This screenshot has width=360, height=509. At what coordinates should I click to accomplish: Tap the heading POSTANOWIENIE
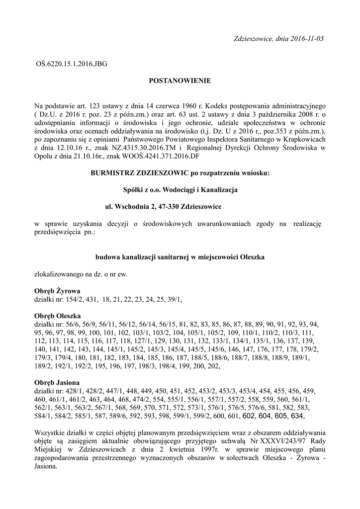coord(180,80)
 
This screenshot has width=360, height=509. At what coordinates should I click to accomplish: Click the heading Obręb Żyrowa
coord(57,290)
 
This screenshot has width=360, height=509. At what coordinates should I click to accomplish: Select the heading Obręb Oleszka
coord(58,316)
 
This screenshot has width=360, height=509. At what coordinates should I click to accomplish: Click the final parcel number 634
coord(297,416)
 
